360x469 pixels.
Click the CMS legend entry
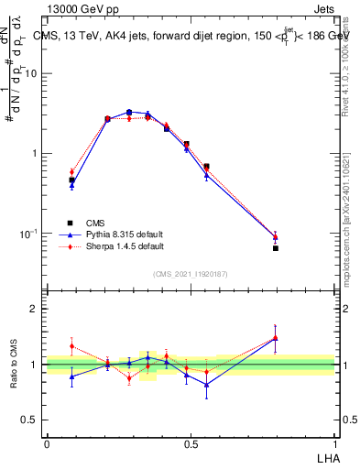(94, 223)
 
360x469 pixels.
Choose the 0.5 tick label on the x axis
(191, 443)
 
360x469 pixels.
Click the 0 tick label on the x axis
(47, 443)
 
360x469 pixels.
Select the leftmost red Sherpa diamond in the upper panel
(72, 171)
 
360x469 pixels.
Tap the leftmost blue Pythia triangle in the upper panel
(72, 185)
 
